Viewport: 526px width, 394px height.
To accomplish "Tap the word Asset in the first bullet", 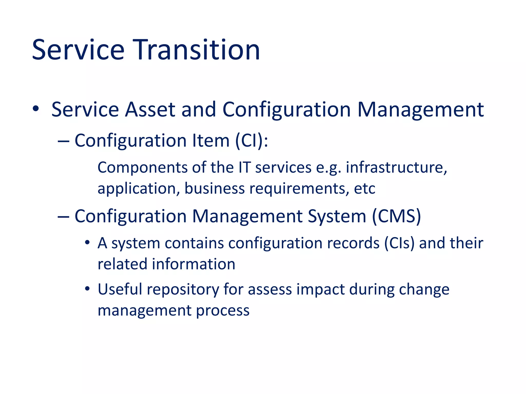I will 150,110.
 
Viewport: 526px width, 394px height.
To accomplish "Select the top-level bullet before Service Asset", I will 36,109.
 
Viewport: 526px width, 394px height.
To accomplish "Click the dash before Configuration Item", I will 63,141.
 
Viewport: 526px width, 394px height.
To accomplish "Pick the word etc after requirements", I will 364,189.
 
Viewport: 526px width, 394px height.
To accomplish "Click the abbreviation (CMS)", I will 396,216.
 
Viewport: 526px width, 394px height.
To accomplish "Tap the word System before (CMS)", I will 337,216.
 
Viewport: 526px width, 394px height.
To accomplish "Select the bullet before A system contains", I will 87,242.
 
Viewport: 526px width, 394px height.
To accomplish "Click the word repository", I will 183,290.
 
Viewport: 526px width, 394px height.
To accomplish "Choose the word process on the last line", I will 223,311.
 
